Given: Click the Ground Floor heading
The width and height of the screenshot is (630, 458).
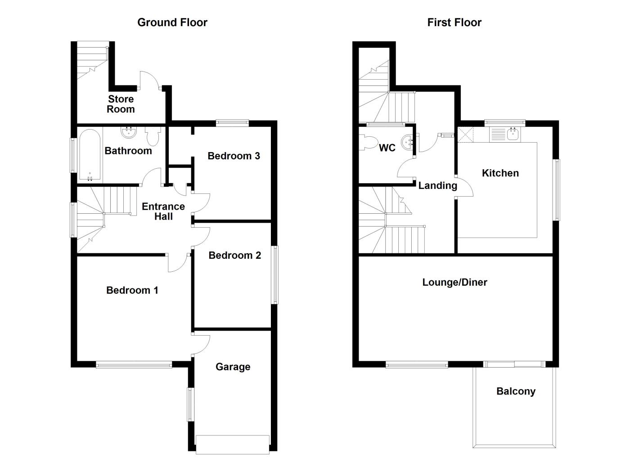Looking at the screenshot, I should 172,22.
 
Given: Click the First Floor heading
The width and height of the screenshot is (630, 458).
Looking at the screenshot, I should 454,22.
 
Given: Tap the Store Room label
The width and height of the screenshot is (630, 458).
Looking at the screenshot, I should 121,104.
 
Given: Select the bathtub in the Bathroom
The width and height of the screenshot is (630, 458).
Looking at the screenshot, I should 90,155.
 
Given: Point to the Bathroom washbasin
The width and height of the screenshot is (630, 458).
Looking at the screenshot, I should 130,132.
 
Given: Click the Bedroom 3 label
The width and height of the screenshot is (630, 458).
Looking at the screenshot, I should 234,156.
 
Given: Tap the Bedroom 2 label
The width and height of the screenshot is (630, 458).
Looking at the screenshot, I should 234,256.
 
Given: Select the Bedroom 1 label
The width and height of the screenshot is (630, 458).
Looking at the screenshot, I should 132,290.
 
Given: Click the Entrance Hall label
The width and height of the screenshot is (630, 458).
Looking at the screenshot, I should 163,211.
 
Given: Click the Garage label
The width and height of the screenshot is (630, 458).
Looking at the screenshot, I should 233,367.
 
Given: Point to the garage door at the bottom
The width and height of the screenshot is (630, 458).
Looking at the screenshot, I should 233,444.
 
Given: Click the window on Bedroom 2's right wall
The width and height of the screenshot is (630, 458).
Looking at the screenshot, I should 275,274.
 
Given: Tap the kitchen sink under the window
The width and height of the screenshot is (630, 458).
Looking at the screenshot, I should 513,134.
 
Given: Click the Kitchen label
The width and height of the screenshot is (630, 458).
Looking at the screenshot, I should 500,173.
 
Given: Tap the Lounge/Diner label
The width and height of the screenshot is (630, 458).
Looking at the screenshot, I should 454,283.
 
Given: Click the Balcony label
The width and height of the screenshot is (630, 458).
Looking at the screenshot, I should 516,391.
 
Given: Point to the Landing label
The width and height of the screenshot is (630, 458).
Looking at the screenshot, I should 437,185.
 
